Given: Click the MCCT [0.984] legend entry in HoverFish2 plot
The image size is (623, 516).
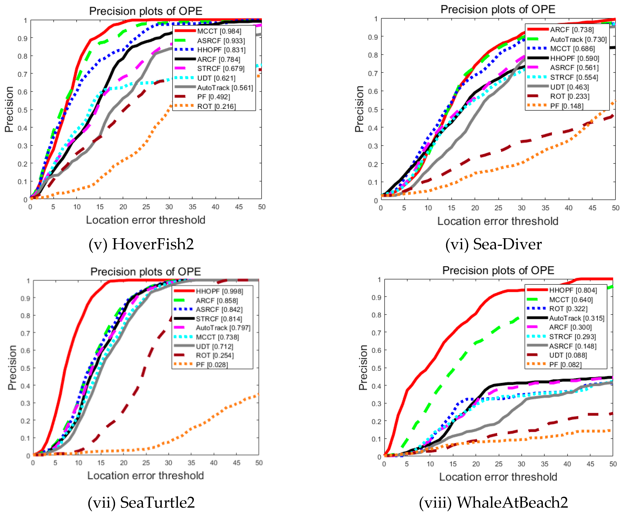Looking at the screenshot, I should click(219, 31).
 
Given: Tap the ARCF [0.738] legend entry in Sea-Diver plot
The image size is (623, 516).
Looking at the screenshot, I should click(572, 30).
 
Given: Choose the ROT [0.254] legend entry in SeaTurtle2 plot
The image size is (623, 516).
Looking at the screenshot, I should click(215, 355).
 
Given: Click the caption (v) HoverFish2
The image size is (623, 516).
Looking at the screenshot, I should click(141, 244).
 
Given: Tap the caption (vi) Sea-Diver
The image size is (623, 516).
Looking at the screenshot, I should click(493, 244).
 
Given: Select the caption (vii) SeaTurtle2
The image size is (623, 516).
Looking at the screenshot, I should click(141, 502).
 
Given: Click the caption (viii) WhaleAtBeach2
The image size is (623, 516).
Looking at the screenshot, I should click(493, 502).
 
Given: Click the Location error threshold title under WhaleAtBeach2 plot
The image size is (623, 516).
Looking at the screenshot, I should click(498, 477).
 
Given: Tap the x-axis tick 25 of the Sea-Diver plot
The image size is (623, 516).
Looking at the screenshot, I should click(498, 208).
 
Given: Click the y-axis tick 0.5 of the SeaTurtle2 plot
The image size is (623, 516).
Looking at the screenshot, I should click(25, 368).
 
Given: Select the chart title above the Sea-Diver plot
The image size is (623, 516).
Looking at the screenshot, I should click(498, 9).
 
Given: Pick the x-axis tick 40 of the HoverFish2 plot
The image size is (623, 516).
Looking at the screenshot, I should click(215, 207).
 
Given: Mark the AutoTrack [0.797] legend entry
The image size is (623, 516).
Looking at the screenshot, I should click(223, 328).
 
